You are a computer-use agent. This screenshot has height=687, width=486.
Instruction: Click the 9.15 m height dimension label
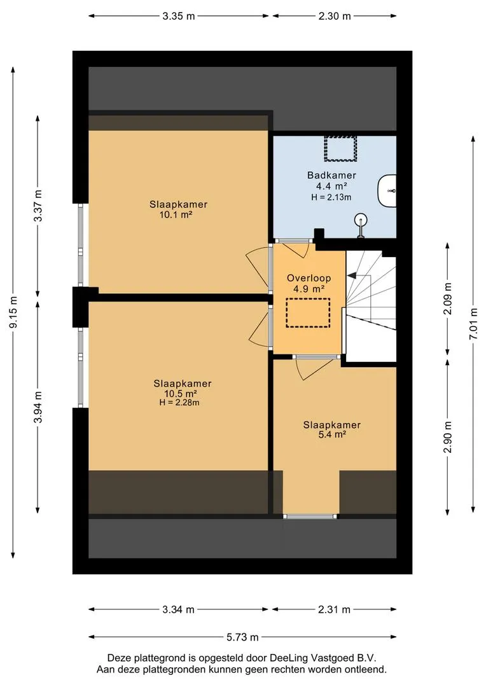point(14,312)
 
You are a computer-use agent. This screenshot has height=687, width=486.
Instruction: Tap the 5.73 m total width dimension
point(242,637)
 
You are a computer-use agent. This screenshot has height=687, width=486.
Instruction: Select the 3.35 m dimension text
point(178,16)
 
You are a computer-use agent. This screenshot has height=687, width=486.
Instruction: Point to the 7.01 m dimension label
point(473,324)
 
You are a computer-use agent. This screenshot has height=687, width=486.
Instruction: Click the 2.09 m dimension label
point(447,299)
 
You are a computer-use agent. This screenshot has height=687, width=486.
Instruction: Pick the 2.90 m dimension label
point(447,437)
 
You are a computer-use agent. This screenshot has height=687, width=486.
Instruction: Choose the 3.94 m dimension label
point(39,407)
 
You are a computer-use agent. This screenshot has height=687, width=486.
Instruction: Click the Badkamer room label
point(331,176)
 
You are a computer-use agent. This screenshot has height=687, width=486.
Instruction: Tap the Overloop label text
point(309,278)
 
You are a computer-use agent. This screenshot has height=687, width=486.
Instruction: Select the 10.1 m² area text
point(177,215)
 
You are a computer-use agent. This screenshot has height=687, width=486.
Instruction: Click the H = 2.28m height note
point(179,403)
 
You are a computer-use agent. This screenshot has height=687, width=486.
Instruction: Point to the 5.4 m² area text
point(332,434)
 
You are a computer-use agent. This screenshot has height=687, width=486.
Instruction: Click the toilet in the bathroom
point(387,191)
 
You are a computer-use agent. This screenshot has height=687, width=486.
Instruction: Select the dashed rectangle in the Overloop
point(308,313)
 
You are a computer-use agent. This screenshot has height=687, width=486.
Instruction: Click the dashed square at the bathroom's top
point(340,148)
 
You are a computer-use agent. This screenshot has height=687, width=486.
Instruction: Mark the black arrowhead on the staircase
point(352,275)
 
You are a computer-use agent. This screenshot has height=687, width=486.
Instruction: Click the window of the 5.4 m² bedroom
point(310,517)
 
